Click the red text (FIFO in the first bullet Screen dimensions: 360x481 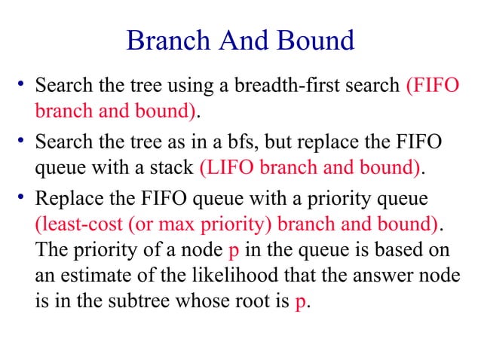[432, 86]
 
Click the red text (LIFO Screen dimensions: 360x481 [227, 167]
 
